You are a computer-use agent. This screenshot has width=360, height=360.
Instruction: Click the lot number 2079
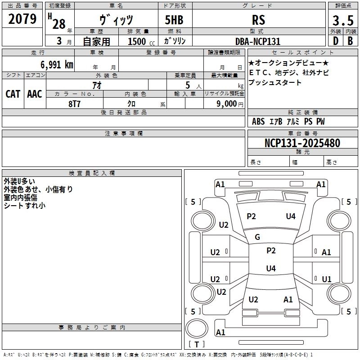click(22, 19)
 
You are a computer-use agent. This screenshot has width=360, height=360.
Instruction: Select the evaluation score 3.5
click(342, 20)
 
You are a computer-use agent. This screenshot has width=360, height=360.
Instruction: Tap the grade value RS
click(259, 20)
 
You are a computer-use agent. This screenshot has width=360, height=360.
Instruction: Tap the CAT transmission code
click(13, 94)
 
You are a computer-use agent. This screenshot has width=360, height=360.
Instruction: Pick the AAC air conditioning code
click(34, 94)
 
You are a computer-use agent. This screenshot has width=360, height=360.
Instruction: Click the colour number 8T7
click(74, 103)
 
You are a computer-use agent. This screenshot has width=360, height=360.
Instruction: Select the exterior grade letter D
click(335, 41)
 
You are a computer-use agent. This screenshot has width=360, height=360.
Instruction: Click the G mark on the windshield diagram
click(257, 237)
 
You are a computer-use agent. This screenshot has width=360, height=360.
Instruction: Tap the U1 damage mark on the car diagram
click(327, 279)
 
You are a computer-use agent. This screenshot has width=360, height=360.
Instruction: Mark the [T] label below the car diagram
click(197, 345)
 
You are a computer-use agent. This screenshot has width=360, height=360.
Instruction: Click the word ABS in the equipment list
click(258, 121)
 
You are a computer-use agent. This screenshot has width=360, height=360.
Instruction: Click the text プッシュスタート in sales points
click(275, 83)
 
